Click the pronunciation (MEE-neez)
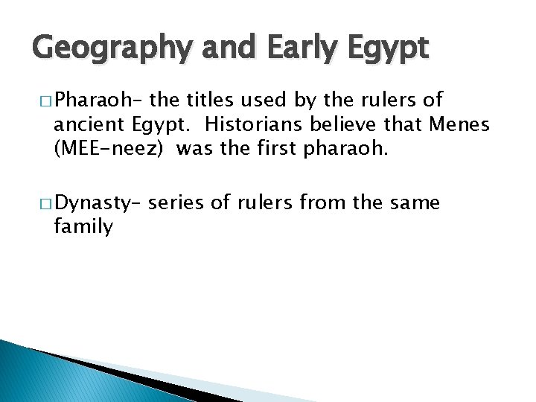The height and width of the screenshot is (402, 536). (112, 149)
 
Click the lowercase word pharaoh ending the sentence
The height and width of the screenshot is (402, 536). (345, 149)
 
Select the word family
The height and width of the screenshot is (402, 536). (83, 226)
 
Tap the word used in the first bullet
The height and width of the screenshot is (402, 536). (276, 100)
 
